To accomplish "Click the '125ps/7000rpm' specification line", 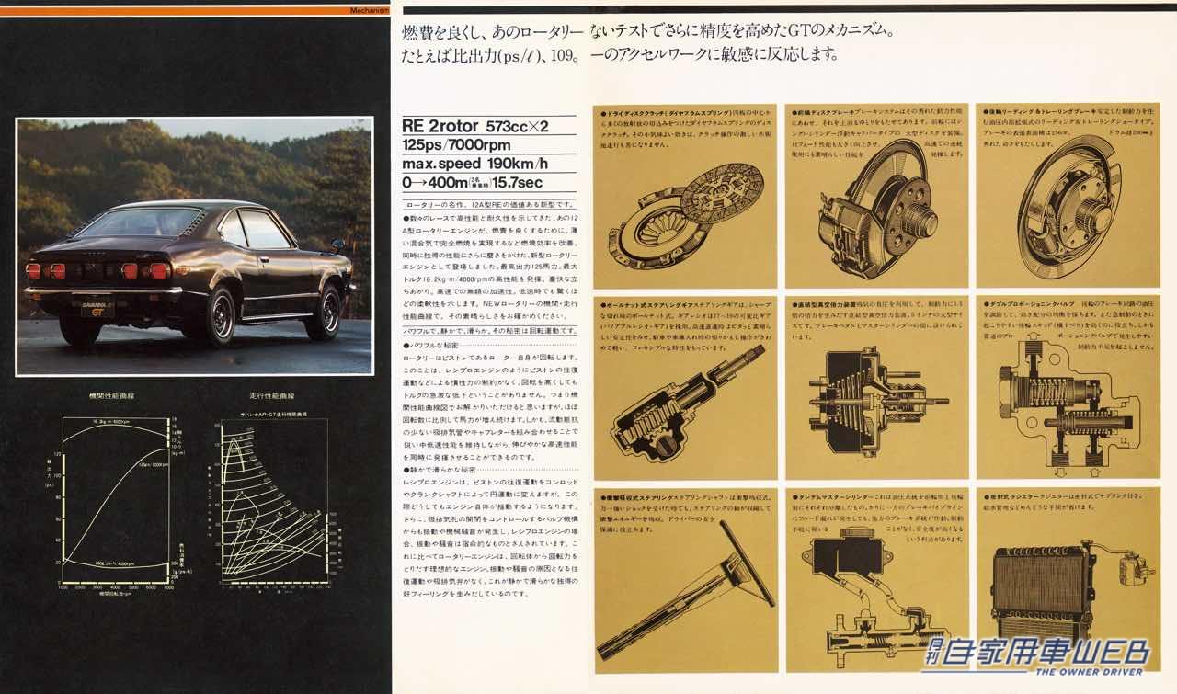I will pyautogui.click(x=457, y=146).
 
